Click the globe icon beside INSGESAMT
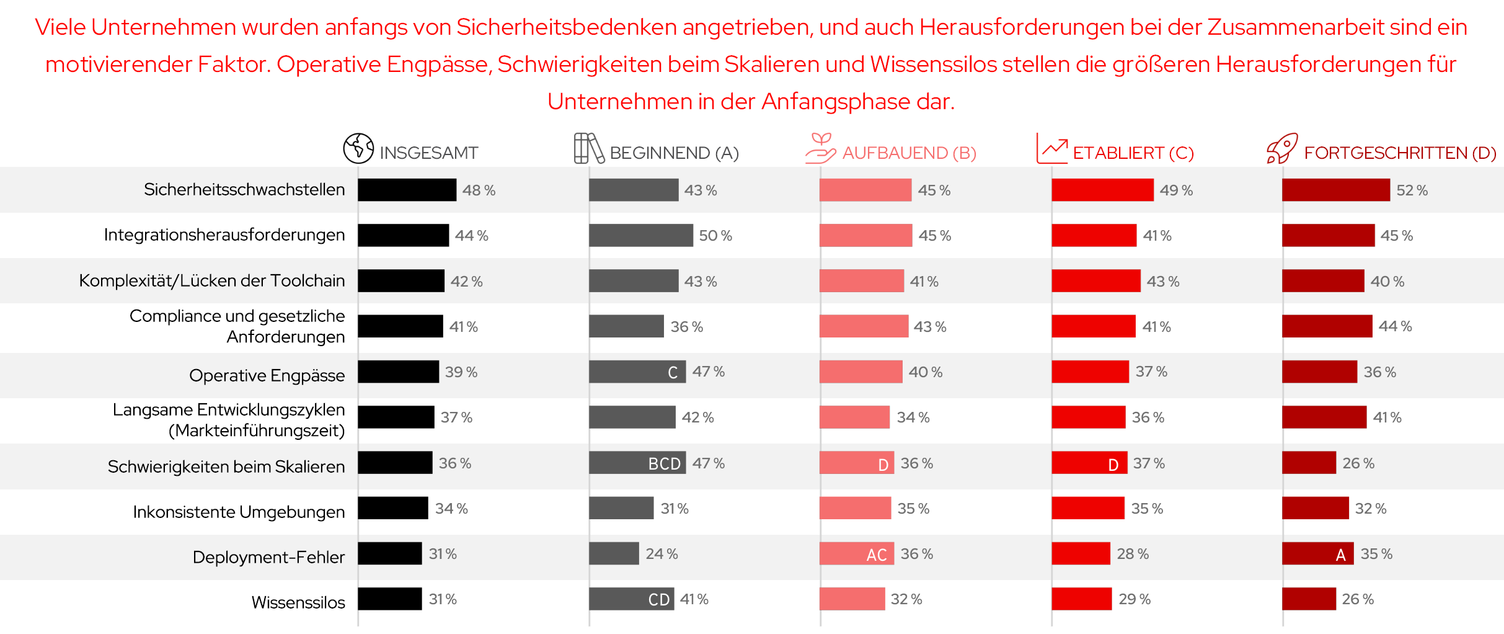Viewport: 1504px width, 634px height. pos(358,148)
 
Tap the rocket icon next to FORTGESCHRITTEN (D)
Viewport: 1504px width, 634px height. pos(1281,149)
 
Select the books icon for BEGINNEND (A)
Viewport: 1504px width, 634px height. pos(588,148)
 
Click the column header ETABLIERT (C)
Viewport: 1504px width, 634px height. pos(1133,153)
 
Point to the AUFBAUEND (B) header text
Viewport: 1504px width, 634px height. pos(909,153)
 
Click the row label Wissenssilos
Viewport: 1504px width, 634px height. pos(298,602)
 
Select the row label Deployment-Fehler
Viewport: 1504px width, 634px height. pos(268,557)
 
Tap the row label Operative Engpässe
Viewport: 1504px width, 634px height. pos(267,375)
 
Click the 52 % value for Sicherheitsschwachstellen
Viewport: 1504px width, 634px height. pos(1412,190)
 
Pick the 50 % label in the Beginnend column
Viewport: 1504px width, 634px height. pos(715,236)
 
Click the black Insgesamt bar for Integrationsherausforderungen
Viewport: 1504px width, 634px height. pos(403,236)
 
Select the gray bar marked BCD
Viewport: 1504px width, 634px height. pos(637,463)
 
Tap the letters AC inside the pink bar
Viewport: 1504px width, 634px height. pos(876,555)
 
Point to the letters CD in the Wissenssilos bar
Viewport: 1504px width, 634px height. pos(658,600)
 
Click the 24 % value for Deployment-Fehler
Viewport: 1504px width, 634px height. pos(661,554)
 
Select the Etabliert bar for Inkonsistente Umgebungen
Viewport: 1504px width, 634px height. pos(1087,508)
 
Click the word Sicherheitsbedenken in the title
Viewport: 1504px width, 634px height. pos(566,27)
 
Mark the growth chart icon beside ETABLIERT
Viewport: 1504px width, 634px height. pos(1051,149)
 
